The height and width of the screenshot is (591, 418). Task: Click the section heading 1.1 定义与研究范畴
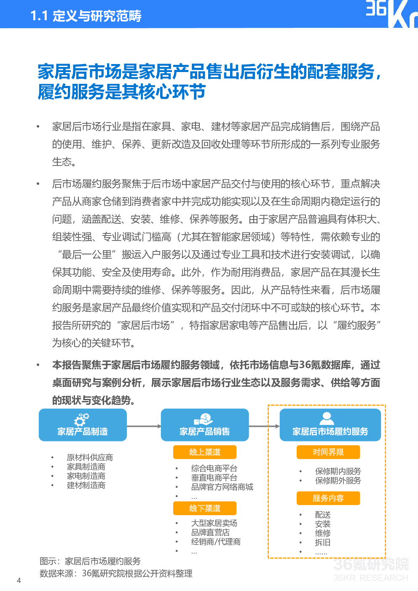tap(86, 16)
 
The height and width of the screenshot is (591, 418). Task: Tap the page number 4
tap(19, 580)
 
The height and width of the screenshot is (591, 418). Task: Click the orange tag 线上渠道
tap(205, 452)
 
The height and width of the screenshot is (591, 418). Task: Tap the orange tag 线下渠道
tap(205, 508)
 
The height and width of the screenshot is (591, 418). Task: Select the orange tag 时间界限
tap(328, 452)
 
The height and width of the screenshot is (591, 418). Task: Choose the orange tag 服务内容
tap(328, 498)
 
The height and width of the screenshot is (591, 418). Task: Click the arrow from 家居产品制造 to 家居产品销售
tap(144, 426)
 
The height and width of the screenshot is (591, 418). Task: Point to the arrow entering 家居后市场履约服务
tap(264, 426)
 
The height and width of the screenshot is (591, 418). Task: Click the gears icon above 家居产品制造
tap(82, 419)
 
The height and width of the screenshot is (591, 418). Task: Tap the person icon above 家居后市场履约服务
tap(327, 418)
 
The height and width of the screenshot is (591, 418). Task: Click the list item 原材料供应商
tap(90, 457)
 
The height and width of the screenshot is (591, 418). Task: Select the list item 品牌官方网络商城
tap(222, 487)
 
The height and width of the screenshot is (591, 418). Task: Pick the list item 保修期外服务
tap(338, 481)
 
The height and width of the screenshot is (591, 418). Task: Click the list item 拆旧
tap(323, 543)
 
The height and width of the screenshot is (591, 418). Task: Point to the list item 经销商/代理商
tap(216, 542)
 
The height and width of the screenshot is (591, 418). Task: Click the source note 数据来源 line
tap(116, 573)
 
